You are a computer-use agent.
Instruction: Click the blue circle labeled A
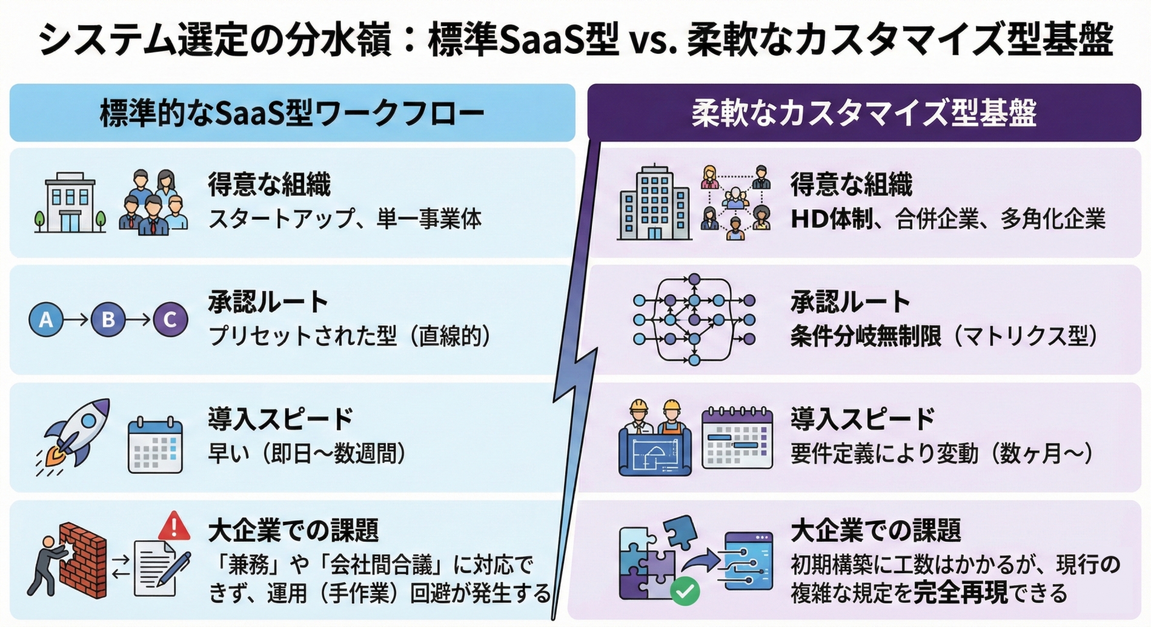click(46, 320)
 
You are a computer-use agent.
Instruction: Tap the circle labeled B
click(108, 320)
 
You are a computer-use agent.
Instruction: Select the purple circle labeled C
click(170, 320)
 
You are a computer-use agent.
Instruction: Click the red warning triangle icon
click(174, 526)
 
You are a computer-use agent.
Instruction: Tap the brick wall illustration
click(83, 560)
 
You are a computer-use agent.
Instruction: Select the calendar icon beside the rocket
click(155, 445)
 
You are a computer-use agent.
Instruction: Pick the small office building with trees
click(70, 203)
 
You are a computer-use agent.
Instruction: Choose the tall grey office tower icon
click(654, 204)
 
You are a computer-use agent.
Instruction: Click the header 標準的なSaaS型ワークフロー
click(292, 113)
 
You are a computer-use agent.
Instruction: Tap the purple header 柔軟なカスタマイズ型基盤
click(864, 113)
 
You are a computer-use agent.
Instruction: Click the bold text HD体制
click(831, 218)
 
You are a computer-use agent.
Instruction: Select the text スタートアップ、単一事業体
click(345, 218)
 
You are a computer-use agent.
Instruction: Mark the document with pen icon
click(160, 568)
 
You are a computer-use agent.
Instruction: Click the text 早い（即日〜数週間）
click(307, 453)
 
